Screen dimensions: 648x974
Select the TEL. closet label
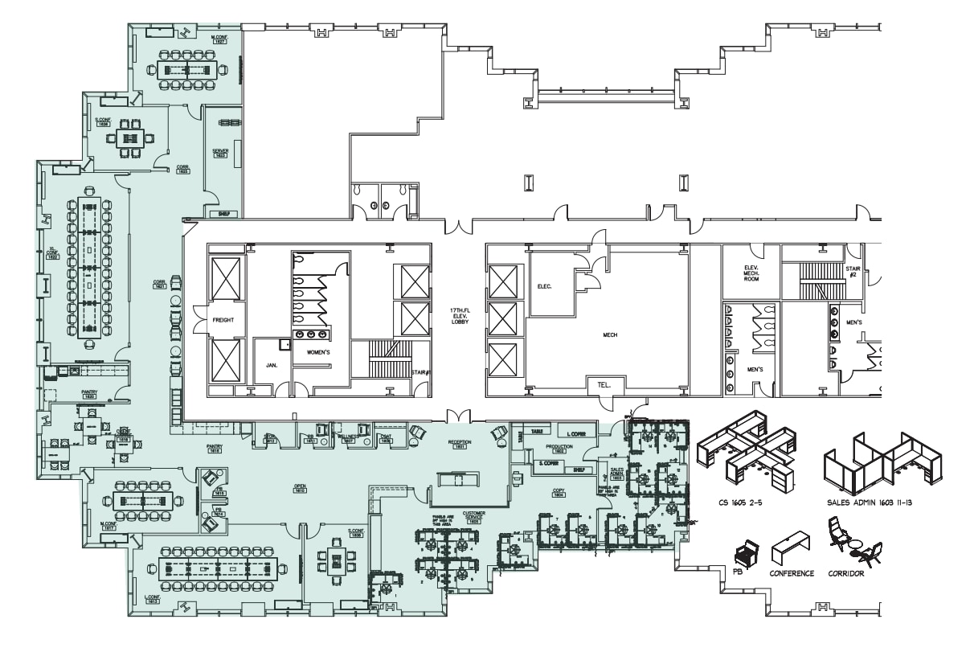[x=604, y=386]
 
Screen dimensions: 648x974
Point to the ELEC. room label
[x=543, y=285]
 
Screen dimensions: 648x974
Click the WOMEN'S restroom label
[x=317, y=352]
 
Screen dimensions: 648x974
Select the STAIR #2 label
[x=853, y=271]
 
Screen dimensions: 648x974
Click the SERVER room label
[x=221, y=152]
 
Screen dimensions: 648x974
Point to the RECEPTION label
[x=460, y=444]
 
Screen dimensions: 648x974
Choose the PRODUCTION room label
[x=559, y=448]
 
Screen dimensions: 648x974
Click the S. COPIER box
[x=548, y=463]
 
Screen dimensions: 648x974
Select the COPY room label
[x=559, y=492]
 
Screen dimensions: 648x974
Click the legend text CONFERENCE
[x=792, y=573]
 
